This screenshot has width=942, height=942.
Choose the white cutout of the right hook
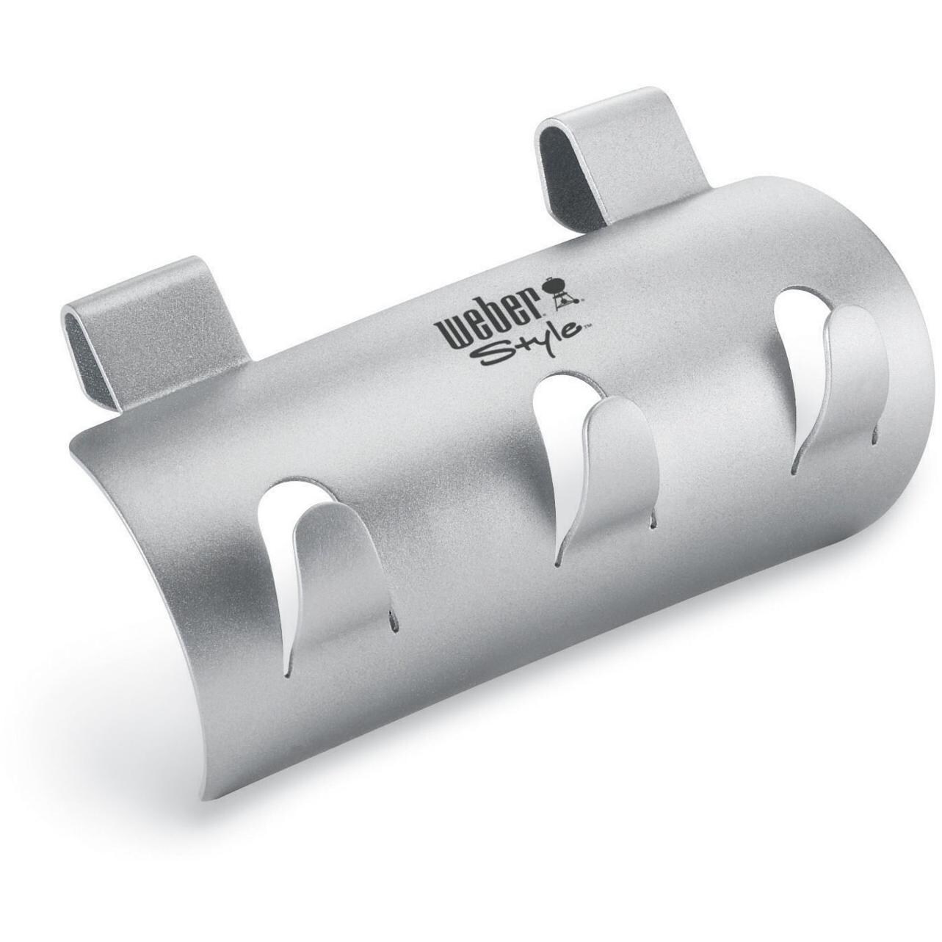(800, 345)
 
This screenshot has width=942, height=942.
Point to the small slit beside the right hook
(874, 438)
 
